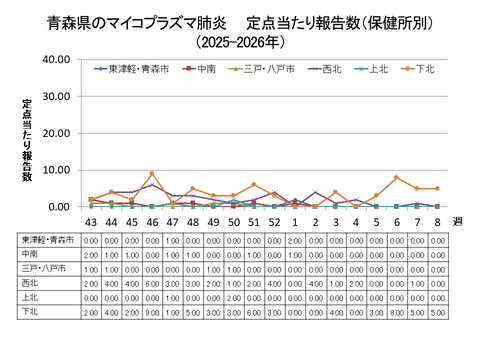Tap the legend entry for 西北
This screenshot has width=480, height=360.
pyautogui.click(x=321, y=69)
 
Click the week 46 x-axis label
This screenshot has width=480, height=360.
pyautogui.click(x=152, y=222)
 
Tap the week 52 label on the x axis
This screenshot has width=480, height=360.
pyautogui.click(x=274, y=222)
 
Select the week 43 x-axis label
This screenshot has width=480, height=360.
pyautogui.click(x=90, y=222)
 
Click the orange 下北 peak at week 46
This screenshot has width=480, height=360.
pyautogui.click(x=152, y=174)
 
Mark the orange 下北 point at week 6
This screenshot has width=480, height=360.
pyautogui.click(x=396, y=177)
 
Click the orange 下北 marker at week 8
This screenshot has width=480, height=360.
pyautogui.click(x=437, y=188)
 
